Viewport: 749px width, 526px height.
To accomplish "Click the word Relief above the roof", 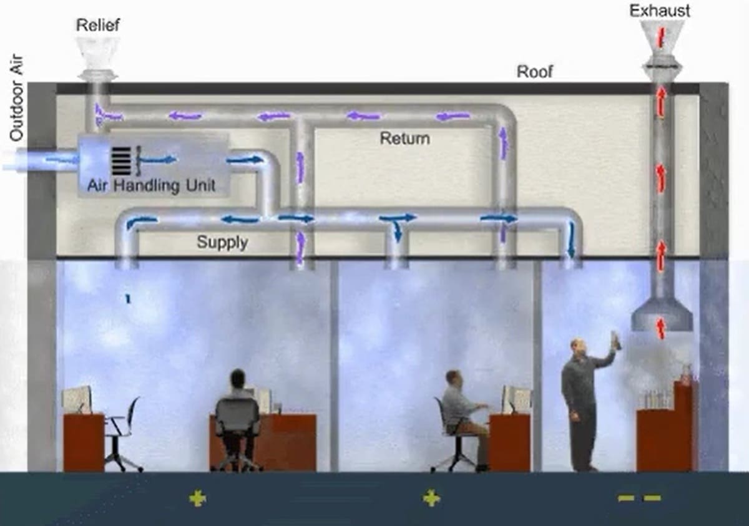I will click(x=97, y=26).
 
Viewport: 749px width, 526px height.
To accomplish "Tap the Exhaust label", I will click(x=660, y=11).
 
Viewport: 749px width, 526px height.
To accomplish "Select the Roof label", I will click(x=535, y=72).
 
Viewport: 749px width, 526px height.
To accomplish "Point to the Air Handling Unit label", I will click(x=151, y=185).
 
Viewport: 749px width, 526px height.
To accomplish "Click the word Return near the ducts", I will click(x=404, y=138).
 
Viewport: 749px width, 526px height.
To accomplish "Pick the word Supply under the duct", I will click(x=222, y=242).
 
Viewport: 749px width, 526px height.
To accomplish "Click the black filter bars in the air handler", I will click(x=122, y=160).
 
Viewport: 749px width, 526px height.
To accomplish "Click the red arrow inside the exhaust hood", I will click(x=661, y=327).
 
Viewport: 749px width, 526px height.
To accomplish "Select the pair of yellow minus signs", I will click(x=639, y=498).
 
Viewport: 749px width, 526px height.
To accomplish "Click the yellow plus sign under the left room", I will click(x=198, y=498).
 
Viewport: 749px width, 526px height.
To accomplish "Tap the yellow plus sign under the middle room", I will click(x=431, y=498).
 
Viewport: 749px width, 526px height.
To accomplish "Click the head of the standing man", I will click(x=577, y=348).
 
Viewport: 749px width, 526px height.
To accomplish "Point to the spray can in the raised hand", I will click(x=615, y=339).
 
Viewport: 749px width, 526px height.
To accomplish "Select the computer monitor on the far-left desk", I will click(x=77, y=400).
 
